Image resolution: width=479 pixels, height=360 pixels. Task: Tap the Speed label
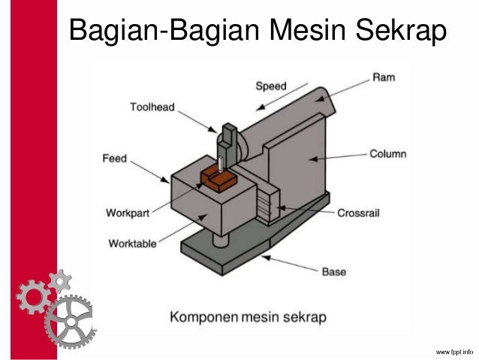coord(271,86)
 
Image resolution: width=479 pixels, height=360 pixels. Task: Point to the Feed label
coord(115,159)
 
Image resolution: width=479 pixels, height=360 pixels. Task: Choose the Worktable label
coord(133,244)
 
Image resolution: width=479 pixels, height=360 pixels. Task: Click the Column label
coord(387,154)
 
